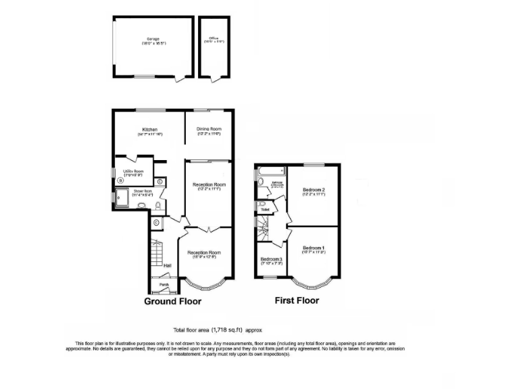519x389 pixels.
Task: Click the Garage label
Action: click(154, 40)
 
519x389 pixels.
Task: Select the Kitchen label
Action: click(149, 129)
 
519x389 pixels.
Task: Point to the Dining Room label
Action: click(209, 129)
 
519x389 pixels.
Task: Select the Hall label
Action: click(167, 265)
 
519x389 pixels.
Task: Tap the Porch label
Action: click(164, 285)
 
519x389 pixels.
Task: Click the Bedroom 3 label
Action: click(272, 260)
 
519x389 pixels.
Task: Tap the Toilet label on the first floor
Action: click(266, 210)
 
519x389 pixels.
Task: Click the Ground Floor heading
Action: click(172, 301)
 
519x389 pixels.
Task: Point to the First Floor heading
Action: click(296, 301)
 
